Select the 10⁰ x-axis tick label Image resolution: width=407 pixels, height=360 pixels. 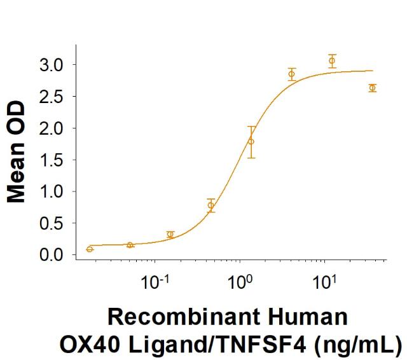click(x=241, y=280)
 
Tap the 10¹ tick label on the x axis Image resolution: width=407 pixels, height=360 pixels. click(x=327, y=280)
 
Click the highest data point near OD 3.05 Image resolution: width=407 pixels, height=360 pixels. click(x=332, y=60)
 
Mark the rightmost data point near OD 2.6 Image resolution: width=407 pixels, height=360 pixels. click(x=373, y=88)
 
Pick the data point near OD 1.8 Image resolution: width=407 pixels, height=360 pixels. click(x=251, y=141)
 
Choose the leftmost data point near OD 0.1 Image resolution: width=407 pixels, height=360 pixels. click(x=90, y=249)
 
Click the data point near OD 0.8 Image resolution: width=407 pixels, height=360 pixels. click(x=211, y=205)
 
